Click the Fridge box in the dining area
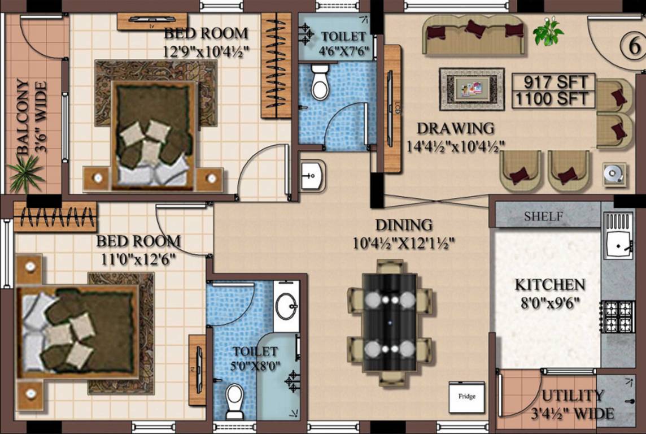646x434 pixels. click(x=466, y=397)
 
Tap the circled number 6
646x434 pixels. click(x=630, y=44)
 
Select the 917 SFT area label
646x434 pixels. click(x=553, y=82)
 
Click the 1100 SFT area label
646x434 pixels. click(x=553, y=99)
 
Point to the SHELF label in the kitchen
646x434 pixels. click(x=543, y=216)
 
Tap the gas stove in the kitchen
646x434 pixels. click(x=618, y=316)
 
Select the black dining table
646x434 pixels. click(x=390, y=321)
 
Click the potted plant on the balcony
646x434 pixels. click(x=25, y=172)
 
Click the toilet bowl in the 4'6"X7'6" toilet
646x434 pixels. click(x=320, y=83)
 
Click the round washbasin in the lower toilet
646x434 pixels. click(x=286, y=306)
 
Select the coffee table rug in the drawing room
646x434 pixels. click(x=472, y=89)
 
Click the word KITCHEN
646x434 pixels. click(x=549, y=284)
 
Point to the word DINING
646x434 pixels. click(x=404, y=225)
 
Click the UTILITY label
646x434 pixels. click(x=573, y=396)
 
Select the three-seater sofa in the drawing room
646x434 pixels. click(x=473, y=35)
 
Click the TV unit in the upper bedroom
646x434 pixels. click(x=152, y=21)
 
